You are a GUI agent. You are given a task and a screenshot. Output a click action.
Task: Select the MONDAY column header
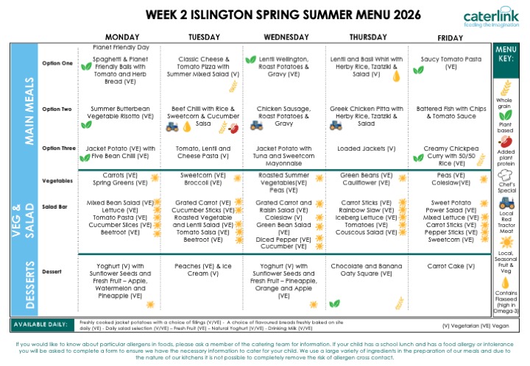pos(122,37)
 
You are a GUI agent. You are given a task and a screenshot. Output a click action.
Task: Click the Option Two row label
pos(57,110)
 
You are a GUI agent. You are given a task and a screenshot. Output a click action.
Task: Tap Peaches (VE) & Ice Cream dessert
pos(204,270)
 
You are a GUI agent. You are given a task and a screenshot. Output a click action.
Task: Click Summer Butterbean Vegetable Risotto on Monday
pos(122,112)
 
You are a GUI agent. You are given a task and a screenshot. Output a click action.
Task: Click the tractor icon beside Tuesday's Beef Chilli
pos(172,126)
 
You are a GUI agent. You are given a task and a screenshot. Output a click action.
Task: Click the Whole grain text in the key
pos(504,103)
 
